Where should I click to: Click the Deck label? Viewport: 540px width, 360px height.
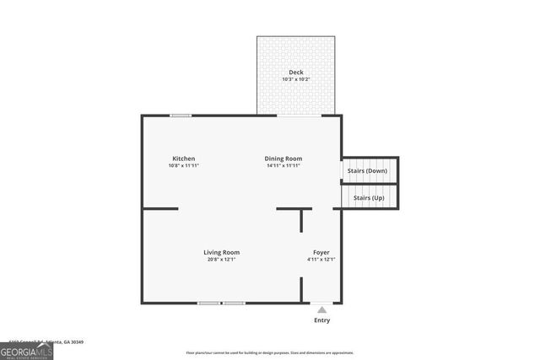296,73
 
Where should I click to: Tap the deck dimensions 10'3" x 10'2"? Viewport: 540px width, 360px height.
296,80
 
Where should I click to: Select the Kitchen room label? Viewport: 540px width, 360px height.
184,159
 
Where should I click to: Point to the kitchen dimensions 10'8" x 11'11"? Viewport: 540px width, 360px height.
184,166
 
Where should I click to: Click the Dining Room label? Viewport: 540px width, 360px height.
283,159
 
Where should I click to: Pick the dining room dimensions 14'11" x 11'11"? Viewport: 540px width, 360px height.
283,166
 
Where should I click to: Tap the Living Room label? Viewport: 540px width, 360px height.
222,252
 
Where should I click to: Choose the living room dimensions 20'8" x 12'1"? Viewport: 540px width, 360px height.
222,260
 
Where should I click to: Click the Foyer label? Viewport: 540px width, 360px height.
321,252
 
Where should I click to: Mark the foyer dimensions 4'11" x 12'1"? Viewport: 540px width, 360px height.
321,260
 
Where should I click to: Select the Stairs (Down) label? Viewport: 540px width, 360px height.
367,171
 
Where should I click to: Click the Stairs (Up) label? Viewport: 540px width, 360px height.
369,197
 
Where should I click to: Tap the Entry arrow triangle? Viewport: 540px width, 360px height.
321,310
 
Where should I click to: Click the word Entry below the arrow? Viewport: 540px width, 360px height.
322,320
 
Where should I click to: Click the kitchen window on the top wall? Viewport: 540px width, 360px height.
180,116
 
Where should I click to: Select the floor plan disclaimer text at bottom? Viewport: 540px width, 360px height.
271,352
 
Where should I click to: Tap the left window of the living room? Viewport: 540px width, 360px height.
209,303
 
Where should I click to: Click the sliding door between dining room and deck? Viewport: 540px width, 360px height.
296,116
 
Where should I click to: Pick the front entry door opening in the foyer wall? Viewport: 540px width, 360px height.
321,303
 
